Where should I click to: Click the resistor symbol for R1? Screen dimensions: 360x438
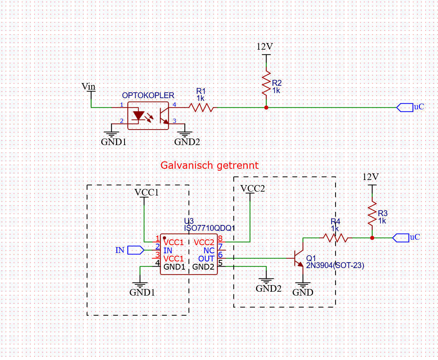pyautogui.click(x=201, y=107)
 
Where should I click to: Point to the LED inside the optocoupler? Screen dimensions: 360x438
pyautogui.click(x=138, y=116)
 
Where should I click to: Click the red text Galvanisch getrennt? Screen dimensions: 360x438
pyautogui.click(x=209, y=166)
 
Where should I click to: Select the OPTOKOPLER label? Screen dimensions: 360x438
pyautogui.click(x=148, y=95)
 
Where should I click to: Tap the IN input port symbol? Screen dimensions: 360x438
pyautogui.click(x=136, y=250)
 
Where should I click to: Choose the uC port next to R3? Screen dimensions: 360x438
pyautogui.click(x=401, y=237)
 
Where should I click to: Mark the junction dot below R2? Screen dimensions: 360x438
pyautogui.click(x=266, y=107)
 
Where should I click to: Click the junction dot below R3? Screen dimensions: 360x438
pyautogui.click(x=372, y=237)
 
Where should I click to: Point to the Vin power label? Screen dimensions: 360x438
pyautogui.click(x=88, y=86)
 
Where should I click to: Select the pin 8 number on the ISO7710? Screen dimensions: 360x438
pyautogui.click(x=220, y=239)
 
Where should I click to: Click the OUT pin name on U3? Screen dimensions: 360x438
pyautogui.click(x=206, y=258)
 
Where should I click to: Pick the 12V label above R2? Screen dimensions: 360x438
pyautogui.click(x=265, y=47)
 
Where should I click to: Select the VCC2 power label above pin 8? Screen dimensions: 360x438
pyautogui.click(x=253, y=189)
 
